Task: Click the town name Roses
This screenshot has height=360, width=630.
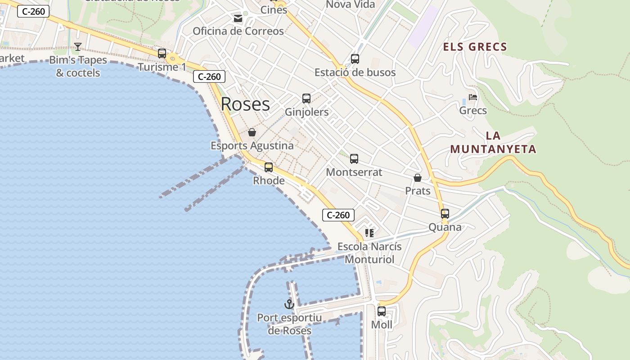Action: pyautogui.click(x=245, y=104)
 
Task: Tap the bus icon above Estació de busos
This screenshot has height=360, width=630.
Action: pyautogui.click(x=355, y=58)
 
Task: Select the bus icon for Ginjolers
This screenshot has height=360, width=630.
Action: pyautogui.click(x=306, y=98)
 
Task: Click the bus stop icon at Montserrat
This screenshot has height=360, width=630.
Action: pyautogui.click(x=354, y=158)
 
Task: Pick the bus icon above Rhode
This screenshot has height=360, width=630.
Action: pyautogui.click(x=269, y=167)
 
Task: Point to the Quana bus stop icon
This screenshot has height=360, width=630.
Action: pyautogui.click(x=445, y=214)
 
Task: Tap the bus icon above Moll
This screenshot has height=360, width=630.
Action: pyautogui.click(x=382, y=311)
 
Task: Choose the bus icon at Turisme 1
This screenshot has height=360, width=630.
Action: pyautogui.click(x=162, y=53)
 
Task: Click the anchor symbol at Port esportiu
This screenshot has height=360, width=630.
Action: pyautogui.click(x=289, y=304)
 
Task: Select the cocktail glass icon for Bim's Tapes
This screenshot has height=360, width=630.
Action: pyautogui.click(x=78, y=47)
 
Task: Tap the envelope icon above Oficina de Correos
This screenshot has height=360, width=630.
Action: pyautogui.click(x=238, y=18)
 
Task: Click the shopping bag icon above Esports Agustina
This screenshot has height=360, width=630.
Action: pyautogui.click(x=252, y=132)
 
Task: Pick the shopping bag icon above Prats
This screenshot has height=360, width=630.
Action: pyautogui.click(x=418, y=178)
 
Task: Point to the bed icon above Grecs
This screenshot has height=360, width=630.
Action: pyautogui.click(x=472, y=97)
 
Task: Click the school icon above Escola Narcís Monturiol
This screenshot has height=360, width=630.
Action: pyautogui.click(x=369, y=233)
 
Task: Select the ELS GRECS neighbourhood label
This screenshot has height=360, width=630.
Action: pyautogui.click(x=475, y=47)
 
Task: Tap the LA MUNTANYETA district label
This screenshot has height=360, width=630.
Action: pyautogui.click(x=493, y=142)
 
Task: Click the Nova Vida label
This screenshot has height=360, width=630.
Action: pyautogui.click(x=350, y=4)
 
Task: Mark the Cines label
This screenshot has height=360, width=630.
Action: pyautogui.click(x=274, y=9)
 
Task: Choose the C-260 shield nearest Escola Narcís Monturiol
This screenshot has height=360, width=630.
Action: pyautogui.click(x=338, y=215)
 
